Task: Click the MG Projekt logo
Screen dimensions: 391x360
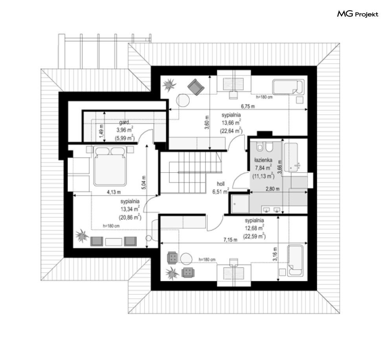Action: (x=358, y=14)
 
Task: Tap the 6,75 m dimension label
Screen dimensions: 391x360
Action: (x=248, y=107)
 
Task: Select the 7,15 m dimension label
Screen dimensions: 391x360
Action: (x=230, y=240)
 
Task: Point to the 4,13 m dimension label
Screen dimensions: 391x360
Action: (x=114, y=192)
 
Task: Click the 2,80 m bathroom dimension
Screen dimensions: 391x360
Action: (x=272, y=189)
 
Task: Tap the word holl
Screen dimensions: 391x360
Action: (x=221, y=184)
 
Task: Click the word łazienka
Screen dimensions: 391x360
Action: (x=263, y=160)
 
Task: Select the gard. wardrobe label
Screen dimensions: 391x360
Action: (x=125, y=122)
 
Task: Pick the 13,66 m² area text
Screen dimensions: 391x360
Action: (x=231, y=123)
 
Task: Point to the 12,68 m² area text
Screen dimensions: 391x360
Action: (x=254, y=228)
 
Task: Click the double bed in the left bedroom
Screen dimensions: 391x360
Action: (x=110, y=166)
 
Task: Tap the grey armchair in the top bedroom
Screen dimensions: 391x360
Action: (x=196, y=87)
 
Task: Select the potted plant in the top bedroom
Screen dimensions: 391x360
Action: (x=169, y=85)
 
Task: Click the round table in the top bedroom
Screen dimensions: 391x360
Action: (x=183, y=100)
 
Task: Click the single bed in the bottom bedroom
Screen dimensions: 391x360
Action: (x=295, y=261)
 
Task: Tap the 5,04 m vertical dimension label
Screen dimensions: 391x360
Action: (x=144, y=182)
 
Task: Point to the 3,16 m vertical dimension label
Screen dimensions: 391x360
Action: (x=275, y=254)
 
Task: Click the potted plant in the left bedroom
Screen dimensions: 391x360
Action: (x=82, y=235)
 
